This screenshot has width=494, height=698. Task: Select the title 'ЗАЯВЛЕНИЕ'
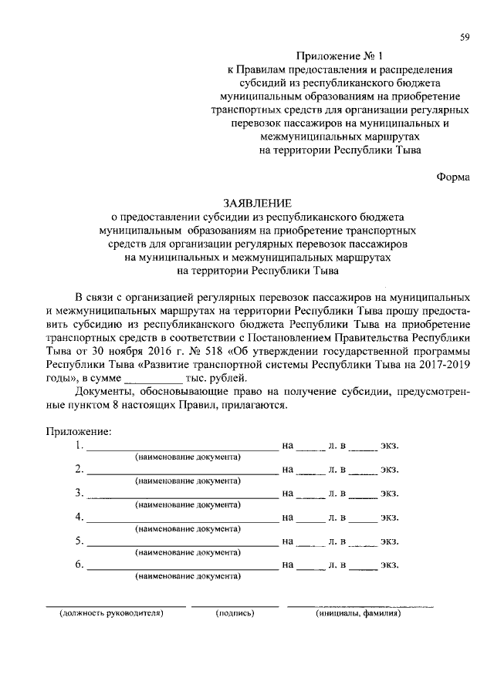257,204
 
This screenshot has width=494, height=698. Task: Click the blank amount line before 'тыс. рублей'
153,379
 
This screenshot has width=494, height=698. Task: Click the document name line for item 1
181,448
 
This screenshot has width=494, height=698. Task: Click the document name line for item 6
181,567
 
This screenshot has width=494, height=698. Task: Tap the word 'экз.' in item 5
389,541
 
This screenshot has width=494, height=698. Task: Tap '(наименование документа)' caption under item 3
188,504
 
